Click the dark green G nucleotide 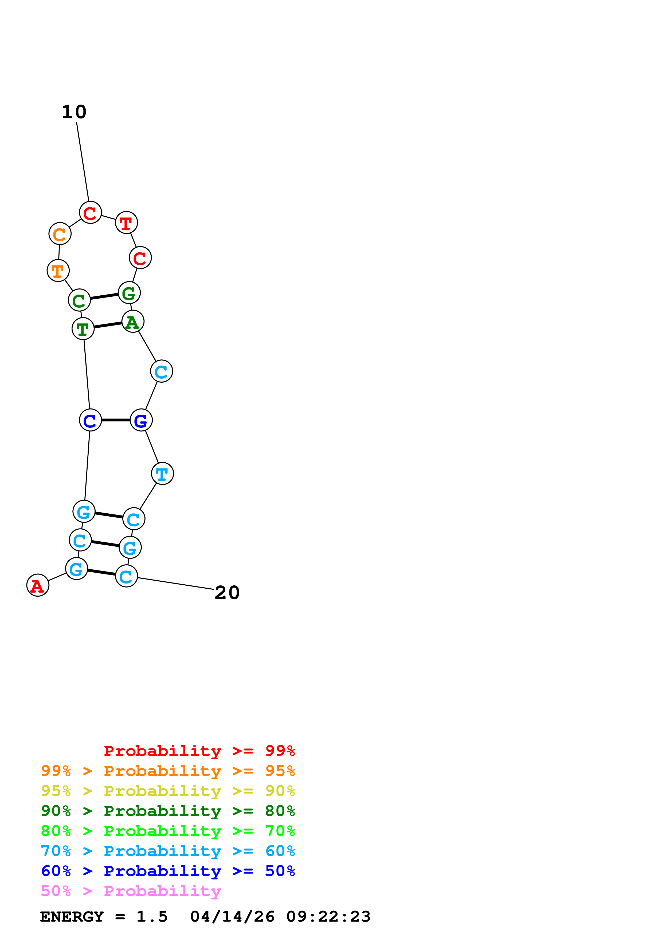[x=129, y=293]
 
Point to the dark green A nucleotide [x=132, y=321]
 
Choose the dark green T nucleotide [x=83, y=328]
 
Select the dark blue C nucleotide [x=90, y=420]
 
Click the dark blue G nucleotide [x=141, y=420]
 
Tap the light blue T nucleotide [x=162, y=474]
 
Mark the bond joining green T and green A [x=108, y=325]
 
